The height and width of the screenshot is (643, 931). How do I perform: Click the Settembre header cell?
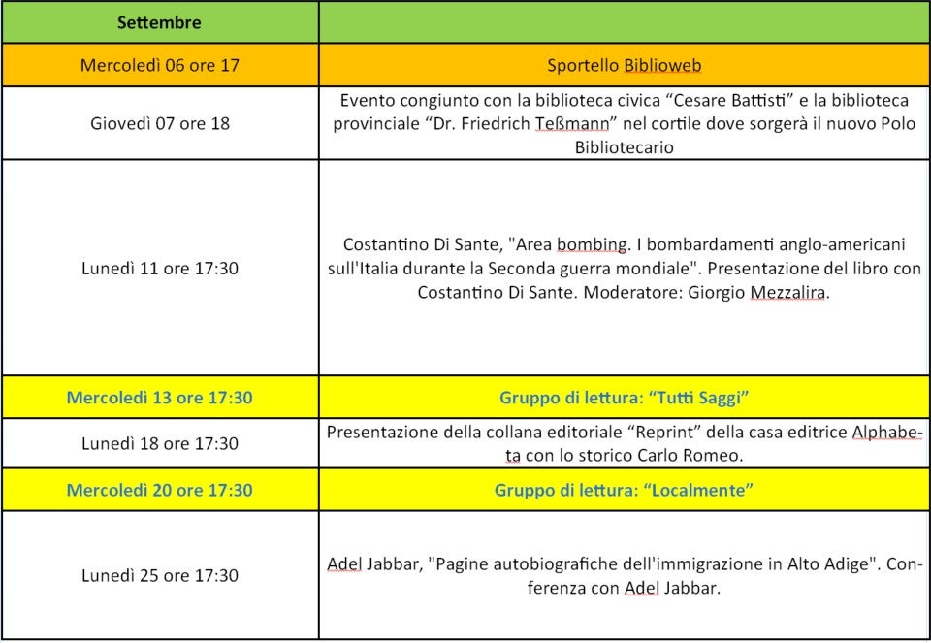[x=159, y=21]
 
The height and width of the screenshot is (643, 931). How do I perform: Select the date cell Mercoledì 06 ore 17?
[x=159, y=66]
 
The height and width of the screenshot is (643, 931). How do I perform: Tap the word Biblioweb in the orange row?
[x=662, y=66]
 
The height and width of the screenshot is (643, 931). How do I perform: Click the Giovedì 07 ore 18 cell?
[x=159, y=123]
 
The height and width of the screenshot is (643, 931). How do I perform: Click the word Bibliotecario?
[x=624, y=147]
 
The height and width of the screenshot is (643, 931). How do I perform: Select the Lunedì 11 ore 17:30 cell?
[x=159, y=268]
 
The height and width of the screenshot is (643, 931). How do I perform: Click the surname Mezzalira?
[x=788, y=291]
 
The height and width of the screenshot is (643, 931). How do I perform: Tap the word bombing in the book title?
[x=589, y=244]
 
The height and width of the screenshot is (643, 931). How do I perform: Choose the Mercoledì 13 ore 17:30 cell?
[x=159, y=397]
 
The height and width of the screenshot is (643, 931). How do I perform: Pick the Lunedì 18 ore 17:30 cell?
[x=159, y=443]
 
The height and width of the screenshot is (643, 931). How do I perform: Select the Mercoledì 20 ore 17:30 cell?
[x=159, y=490]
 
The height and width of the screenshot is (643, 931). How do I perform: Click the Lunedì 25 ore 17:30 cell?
[x=159, y=575]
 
